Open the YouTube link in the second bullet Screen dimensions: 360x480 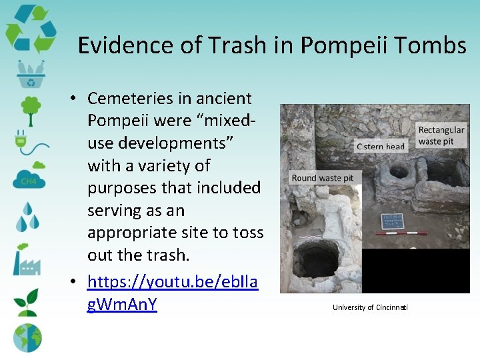tap(172, 293)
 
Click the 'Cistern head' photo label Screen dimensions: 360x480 tap(381, 147)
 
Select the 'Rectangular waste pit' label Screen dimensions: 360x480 tap(441, 135)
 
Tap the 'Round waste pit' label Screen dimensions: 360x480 tap(323, 178)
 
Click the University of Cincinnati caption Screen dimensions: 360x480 tap(371, 307)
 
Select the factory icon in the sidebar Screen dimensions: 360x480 tap(27, 261)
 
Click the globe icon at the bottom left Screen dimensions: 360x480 tap(27, 337)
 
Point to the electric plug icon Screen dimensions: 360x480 tap(27, 142)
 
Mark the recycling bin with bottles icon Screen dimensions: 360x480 tap(31, 74)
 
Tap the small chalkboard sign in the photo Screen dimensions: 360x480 tap(392, 221)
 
